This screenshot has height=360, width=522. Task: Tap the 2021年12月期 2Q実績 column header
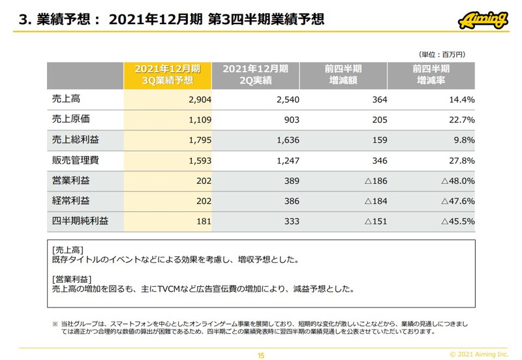[x=255, y=75]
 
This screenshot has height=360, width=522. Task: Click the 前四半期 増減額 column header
[x=343, y=75]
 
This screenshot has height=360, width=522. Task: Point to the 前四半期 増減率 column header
[x=431, y=75]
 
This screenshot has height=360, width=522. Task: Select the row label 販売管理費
[x=75, y=160]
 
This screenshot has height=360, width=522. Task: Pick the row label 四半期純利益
[x=80, y=221]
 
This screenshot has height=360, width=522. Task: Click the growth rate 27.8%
[x=461, y=160]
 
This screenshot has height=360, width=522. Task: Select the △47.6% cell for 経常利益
[x=457, y=201]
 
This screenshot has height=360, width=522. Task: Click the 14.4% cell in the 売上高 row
[x=461, y=100]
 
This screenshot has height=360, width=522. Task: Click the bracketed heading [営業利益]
[x=74, y=279]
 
